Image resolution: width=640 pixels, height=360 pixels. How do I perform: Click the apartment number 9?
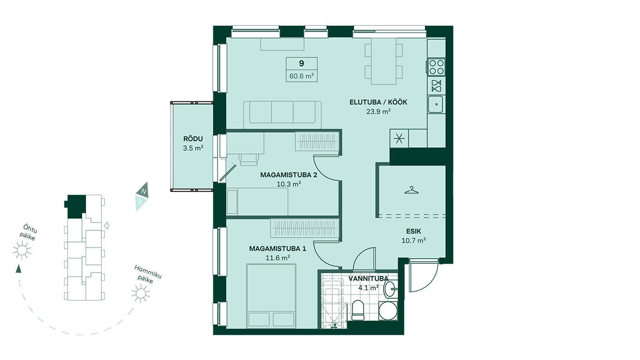click(x=301, y=63)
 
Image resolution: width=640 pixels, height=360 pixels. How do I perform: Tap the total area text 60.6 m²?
click(x=302, y=76)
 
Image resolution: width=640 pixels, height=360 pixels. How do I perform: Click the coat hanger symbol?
click(x=411, y=190)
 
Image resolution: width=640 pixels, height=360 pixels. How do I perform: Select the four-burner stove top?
click(x=437, y=67)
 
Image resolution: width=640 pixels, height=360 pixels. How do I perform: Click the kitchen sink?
click(x=436, y=104)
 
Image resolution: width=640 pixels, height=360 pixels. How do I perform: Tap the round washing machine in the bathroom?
click(x=388, y=311)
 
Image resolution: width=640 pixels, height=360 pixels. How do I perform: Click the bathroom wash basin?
click(x=390, y=289)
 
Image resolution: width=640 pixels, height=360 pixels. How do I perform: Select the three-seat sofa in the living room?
click(x=283, y=115)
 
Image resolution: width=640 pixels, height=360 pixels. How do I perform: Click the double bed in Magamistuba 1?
click(x=271, y=296)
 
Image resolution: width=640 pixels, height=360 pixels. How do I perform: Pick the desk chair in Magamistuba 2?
click(x=249, y=159)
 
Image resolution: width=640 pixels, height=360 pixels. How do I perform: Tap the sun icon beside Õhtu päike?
click(x=22, y=250)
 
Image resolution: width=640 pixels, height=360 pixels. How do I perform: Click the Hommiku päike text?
click(x=148, y=275)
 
